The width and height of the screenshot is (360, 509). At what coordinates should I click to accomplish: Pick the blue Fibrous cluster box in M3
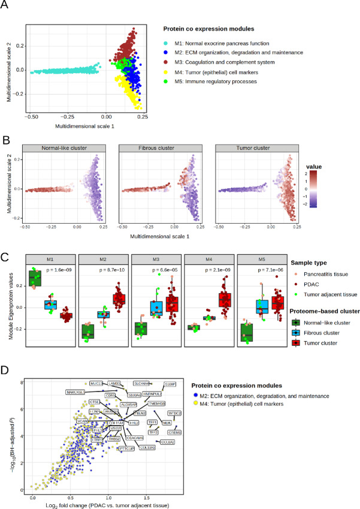[x=157, y=308]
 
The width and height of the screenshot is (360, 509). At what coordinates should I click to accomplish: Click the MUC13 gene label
[x=97, y=382]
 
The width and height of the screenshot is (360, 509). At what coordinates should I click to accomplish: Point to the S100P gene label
[x=167, y=382]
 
